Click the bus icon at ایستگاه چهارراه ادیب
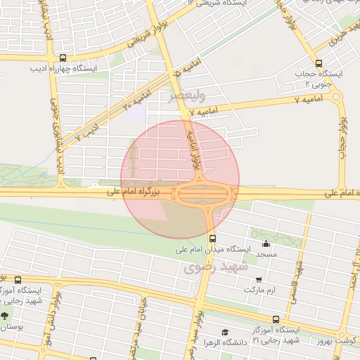pyautogui.click(x=64, y=59)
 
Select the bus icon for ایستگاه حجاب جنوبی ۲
pyautogui.click(x=319, y=63)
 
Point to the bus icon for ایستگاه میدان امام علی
pyautogui.click(x=212, y=238)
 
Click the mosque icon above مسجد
pyautogui.click(x=265, y=245)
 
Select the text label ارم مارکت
pyautogui.click(x=259, y=290)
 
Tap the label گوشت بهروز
pyautogui.click(x=337, y=341)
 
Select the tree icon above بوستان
pyautogui.click(x=6, y=315)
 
